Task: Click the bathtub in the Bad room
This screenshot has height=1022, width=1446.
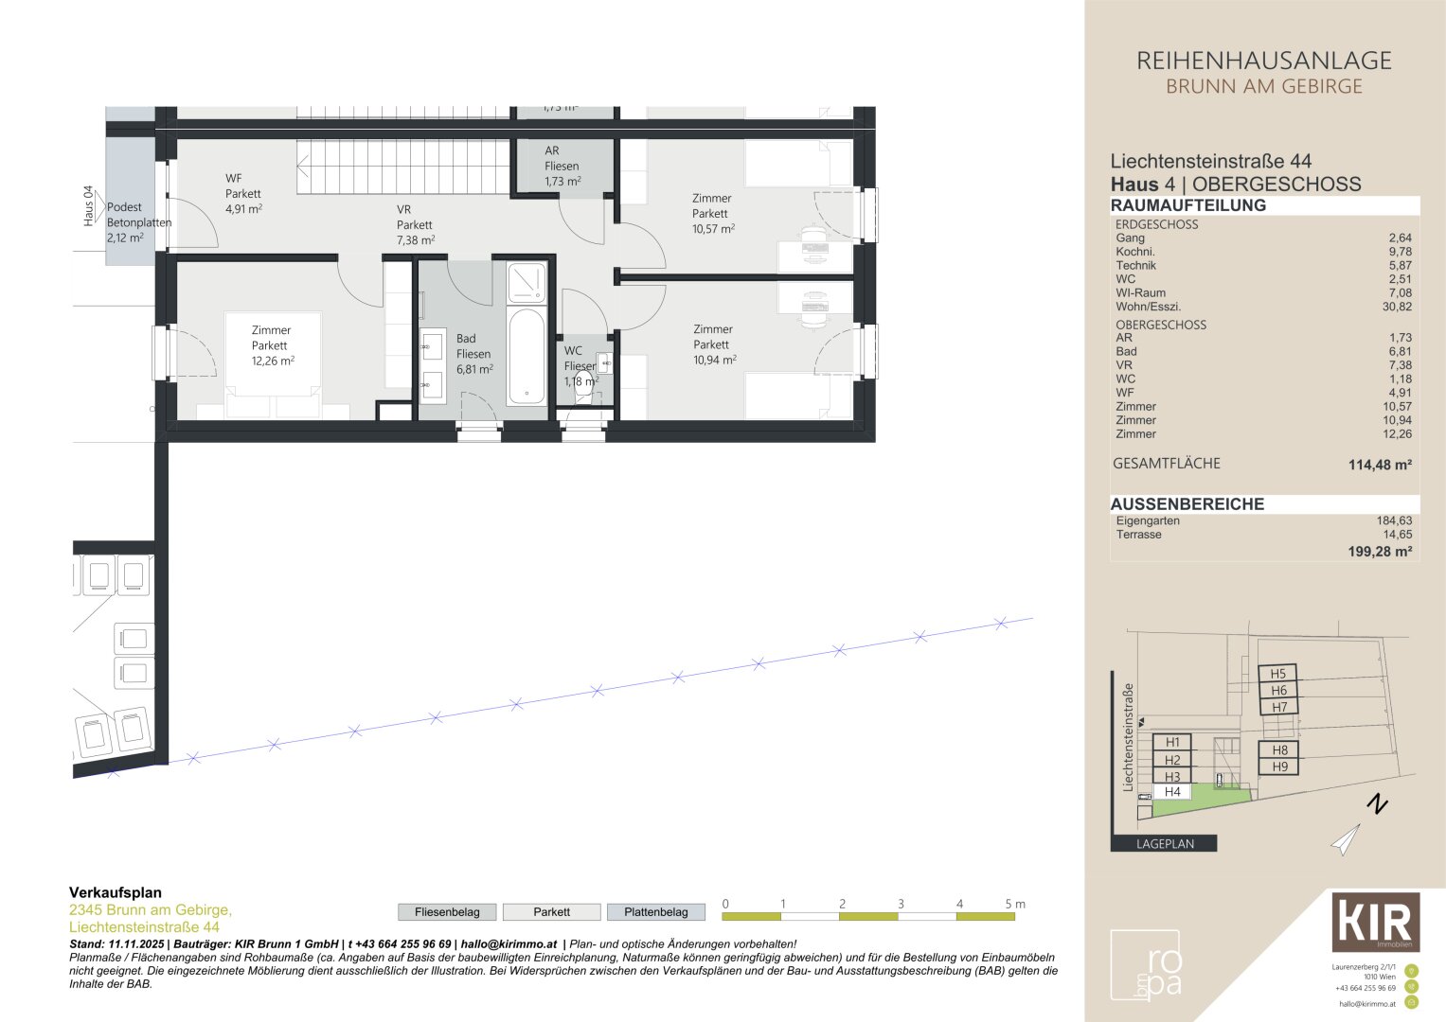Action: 527,357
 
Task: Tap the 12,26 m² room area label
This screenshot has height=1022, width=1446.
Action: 273,361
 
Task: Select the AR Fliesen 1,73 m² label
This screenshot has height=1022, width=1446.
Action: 562,166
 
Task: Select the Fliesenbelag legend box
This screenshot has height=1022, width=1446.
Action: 447,912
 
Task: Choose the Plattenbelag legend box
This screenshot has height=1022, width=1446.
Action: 655,912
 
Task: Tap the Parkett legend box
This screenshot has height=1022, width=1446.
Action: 551,912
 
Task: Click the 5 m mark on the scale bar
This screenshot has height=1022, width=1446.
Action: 1013,905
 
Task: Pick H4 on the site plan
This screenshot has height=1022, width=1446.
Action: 1172,792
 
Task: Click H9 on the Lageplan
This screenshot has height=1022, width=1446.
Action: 1279,766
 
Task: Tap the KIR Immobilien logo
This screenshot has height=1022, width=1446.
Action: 1375,922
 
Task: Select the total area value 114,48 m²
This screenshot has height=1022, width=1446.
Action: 1380,465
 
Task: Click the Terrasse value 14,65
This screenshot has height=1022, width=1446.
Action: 1397,535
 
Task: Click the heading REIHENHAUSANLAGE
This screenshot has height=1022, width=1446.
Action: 1263,62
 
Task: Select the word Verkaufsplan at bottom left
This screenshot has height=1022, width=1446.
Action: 116,892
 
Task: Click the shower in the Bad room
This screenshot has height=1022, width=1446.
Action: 527,282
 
